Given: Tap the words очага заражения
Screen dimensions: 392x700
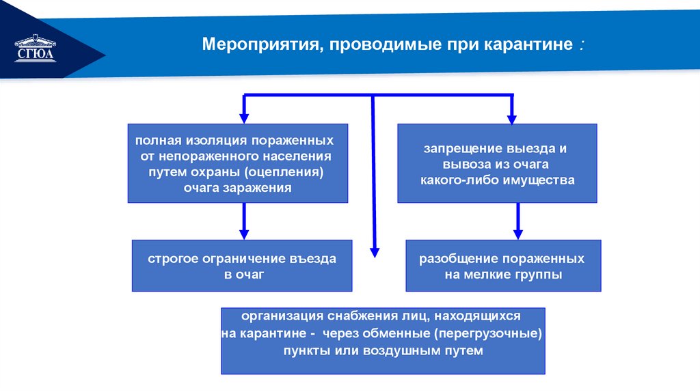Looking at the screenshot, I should coord(237,187).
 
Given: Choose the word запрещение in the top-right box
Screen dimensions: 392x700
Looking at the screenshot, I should coord(461,148).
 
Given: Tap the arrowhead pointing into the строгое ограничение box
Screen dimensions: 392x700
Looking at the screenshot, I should coord(243,234).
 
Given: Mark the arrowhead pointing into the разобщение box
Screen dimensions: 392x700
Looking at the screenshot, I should coord(517,234).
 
